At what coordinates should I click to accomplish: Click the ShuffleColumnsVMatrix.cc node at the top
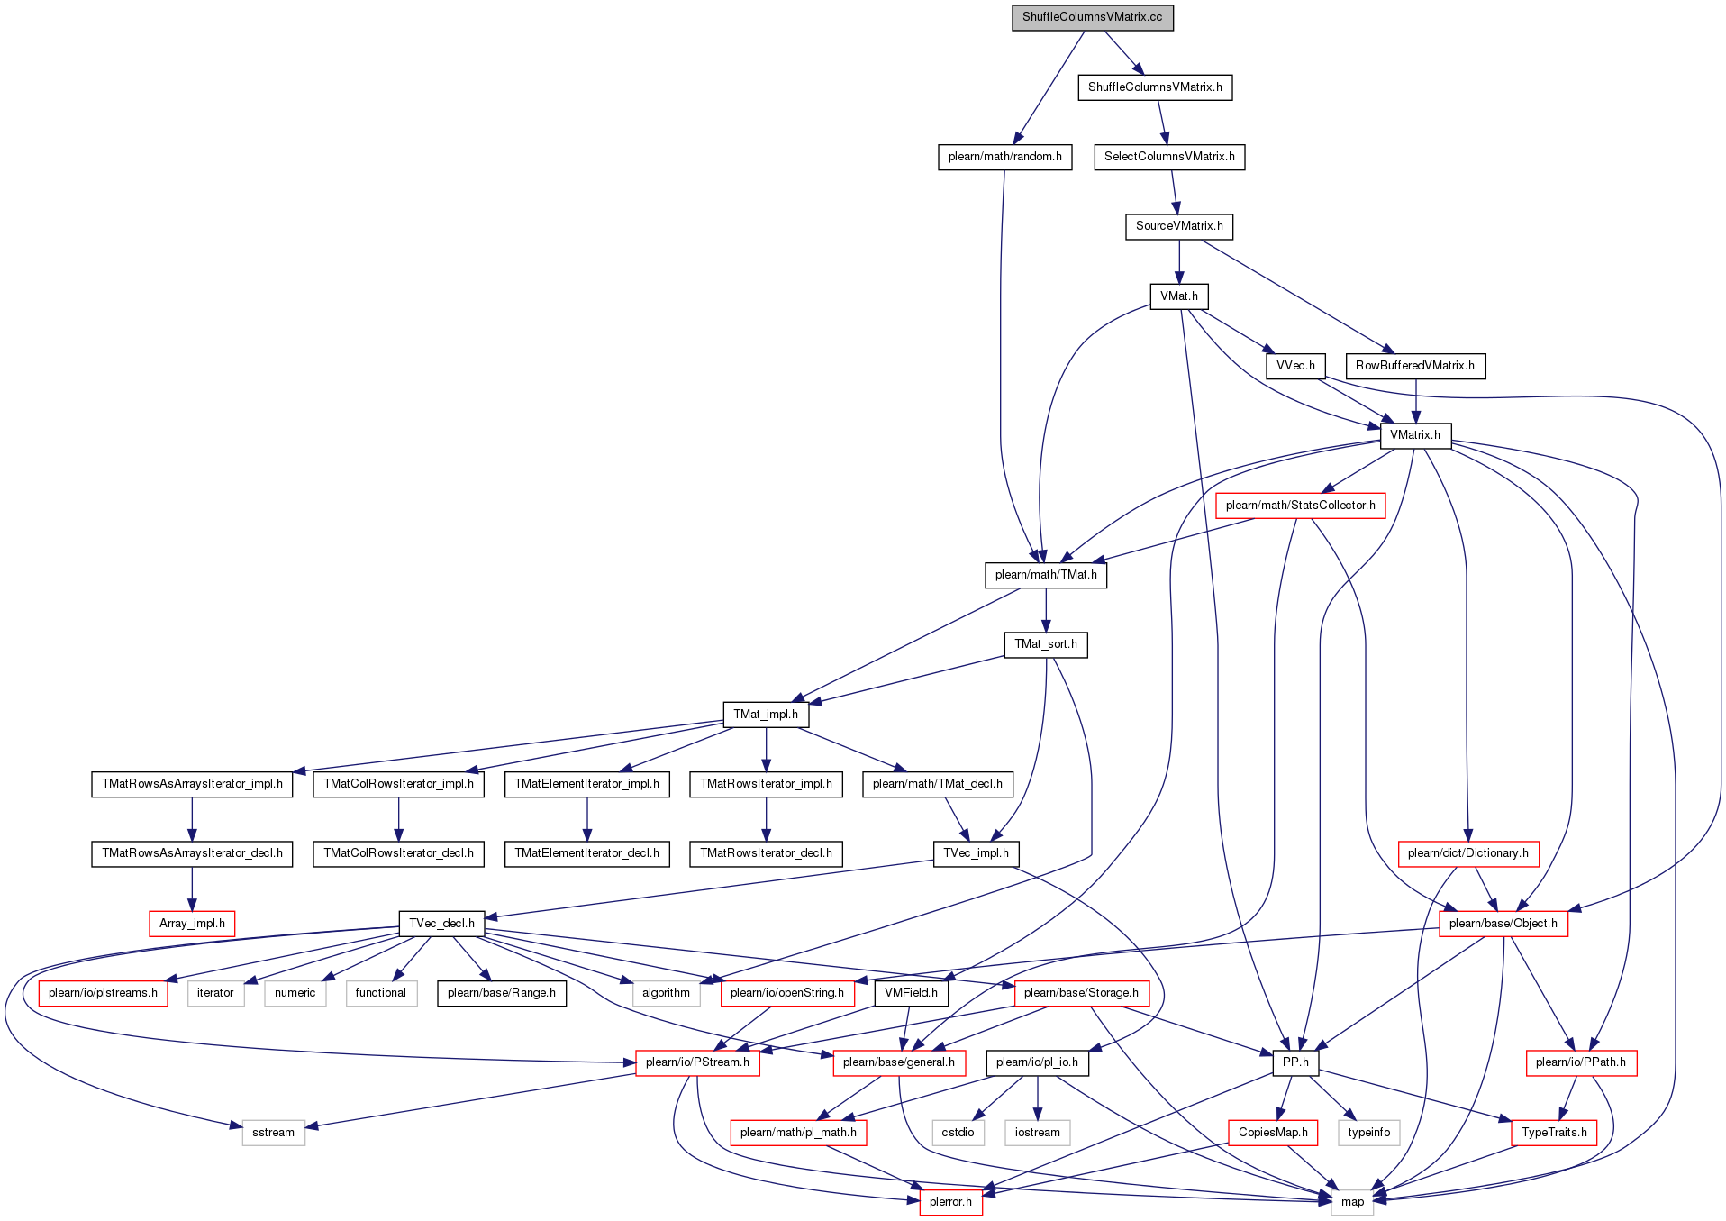pos(1092,17)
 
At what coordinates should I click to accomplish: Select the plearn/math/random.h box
pos(1004,157)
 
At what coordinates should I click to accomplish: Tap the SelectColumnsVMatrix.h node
pos(1169,157)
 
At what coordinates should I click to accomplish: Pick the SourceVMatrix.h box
pos(1178,226)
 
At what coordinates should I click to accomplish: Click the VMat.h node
pos(1178,296)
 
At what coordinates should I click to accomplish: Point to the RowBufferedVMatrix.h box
pos(1414,366)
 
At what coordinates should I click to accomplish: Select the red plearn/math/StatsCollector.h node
pos(1300,506)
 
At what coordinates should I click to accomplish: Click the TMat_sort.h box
pos(1045,644)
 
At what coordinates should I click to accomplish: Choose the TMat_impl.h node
pos(765,715)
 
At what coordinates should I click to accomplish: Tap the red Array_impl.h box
pos(192,924)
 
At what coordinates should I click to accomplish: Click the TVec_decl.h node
pos(441,924)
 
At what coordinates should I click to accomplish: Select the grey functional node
pos(380,993)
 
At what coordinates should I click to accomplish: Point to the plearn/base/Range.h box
pos(501,993)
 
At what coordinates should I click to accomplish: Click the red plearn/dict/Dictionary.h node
pos(1467,853)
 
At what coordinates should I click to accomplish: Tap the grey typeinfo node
pos(1368,1133)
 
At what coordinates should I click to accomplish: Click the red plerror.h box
pos(950,1202)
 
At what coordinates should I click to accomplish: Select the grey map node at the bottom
pos(1352,1202)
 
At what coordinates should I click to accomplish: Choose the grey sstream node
pos(273,1133)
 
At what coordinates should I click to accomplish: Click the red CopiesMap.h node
pos(1273,1133)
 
